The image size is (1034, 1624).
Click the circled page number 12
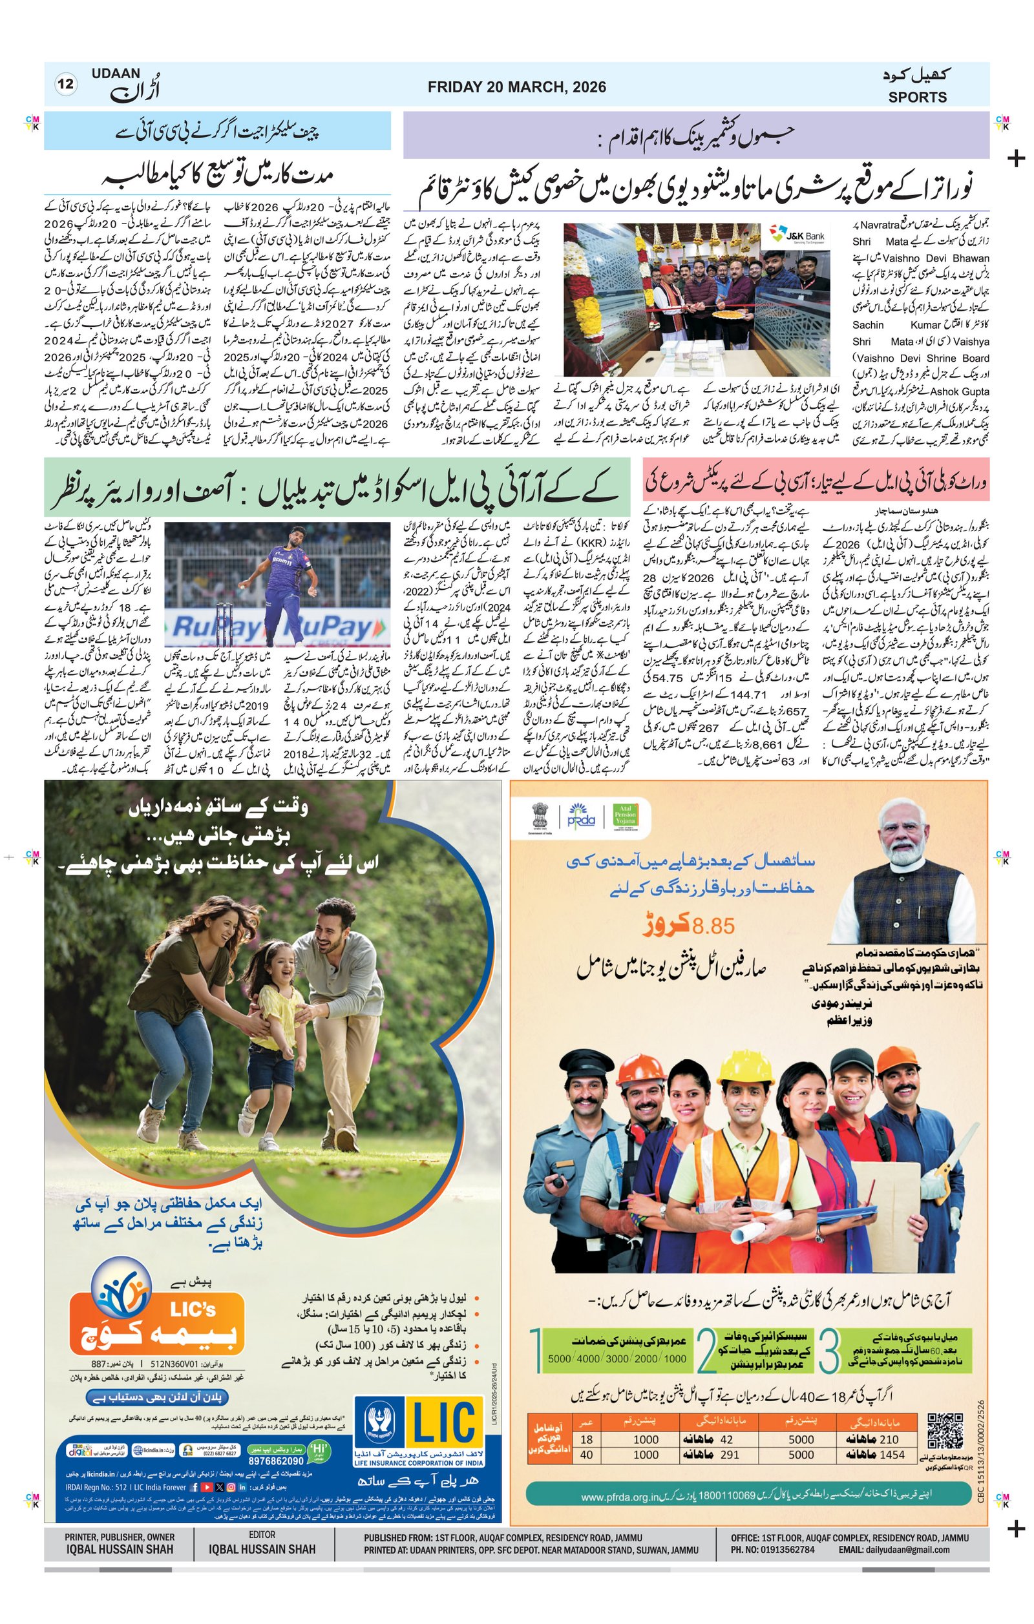[x=66, y=85]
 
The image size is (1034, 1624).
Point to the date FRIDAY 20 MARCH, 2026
[x=516, y=87]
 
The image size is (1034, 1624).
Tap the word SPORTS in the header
[x=916, y=97]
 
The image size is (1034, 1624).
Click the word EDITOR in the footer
[x=262, y=1536]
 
